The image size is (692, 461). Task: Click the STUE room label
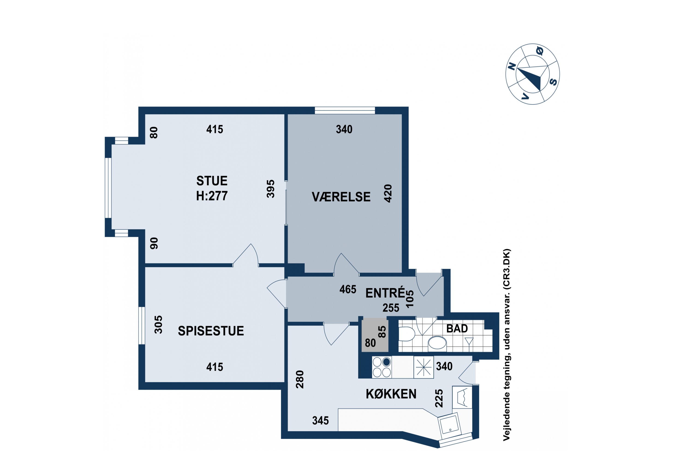[212, 180]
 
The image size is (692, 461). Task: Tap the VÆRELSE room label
[341, 197]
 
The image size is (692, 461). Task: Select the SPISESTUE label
[211, 331]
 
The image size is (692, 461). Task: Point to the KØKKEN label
[391, 394]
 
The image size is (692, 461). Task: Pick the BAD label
[457, 328]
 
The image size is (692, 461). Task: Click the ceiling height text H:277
[212, 196]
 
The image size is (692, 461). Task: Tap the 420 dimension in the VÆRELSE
[388, 193]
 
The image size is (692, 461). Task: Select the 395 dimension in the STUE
[270, 189]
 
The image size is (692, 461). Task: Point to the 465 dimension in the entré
[348, 289]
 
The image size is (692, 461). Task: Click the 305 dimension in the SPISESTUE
[158, 325]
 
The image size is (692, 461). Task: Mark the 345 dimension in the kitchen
[320, 420]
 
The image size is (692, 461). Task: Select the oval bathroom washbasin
[437, 343]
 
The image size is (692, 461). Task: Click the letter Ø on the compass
[540, 51]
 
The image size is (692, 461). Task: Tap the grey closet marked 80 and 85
[375, 335]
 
